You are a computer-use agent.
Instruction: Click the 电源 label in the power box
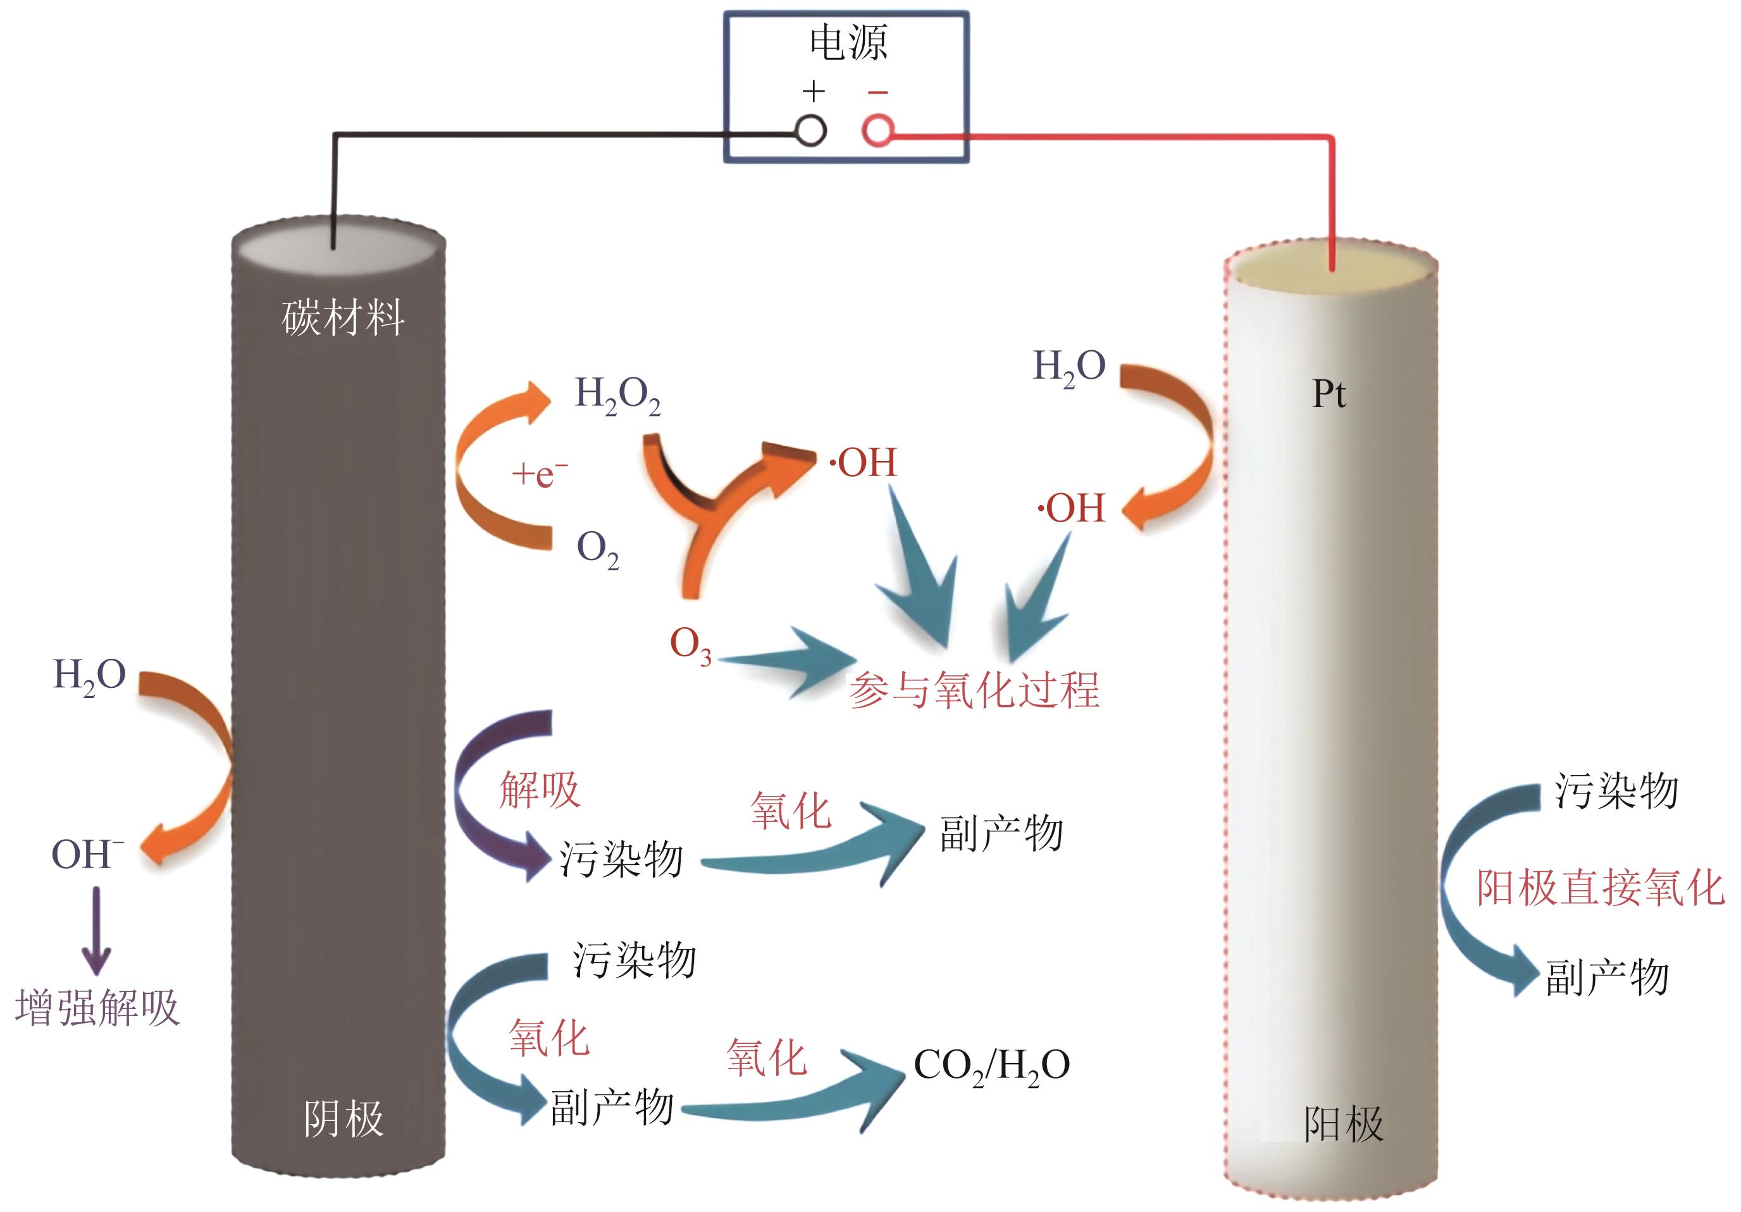(x=848, y=42)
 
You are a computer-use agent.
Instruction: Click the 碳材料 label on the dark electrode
(x=343, y=317)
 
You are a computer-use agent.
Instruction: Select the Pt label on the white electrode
(x=1329, y=394)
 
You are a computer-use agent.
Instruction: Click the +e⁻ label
(x=539, y=474)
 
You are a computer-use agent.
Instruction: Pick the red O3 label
(x=690, y=645)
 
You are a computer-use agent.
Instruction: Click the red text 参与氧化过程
(x=974, y=690)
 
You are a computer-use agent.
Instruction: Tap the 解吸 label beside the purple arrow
(x=540, y=790)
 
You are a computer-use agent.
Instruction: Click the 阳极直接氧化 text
(x=1600, y=888)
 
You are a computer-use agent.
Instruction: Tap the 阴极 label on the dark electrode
(x=344, y=1119)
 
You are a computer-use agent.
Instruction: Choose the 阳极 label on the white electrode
(x=1343, y=1124)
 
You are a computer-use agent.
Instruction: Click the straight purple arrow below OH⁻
(x=96, y=931)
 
